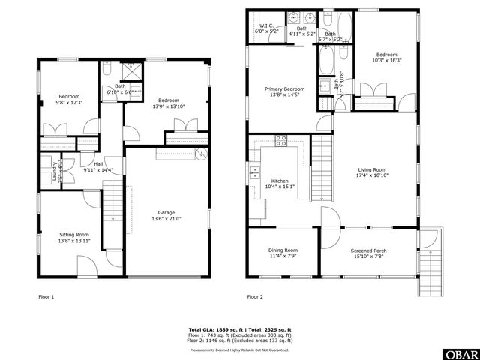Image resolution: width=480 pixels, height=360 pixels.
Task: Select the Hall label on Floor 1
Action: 97,165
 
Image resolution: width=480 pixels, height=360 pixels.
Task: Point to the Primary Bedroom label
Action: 283,88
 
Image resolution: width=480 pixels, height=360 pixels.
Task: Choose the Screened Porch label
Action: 368,250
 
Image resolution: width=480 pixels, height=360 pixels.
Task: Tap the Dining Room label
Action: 283,250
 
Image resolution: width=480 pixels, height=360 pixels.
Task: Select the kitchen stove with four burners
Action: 281,140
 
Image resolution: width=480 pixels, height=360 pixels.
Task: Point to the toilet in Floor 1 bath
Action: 107,70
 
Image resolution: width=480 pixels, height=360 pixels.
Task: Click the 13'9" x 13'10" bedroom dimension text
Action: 168,106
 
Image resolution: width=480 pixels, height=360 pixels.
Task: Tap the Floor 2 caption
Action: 256,297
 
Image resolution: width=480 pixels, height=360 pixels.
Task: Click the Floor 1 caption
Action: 46,297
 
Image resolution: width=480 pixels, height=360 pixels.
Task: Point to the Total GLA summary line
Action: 241,329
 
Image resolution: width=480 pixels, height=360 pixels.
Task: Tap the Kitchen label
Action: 279,181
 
